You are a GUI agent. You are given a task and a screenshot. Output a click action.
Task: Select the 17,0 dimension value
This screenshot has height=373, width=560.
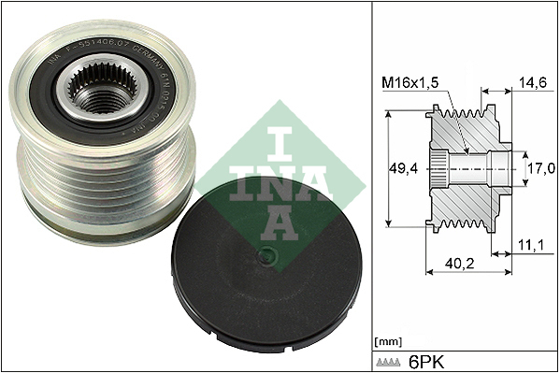pos(541,170)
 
